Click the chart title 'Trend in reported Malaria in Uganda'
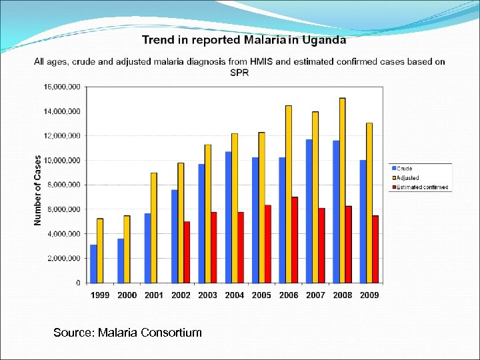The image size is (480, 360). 244,40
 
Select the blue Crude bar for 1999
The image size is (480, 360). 94,264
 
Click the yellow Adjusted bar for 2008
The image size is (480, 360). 342,191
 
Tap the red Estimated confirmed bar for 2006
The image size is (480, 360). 295,240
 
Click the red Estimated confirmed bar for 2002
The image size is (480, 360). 187,252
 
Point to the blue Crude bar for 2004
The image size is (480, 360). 228,217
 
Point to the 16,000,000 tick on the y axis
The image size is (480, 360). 62,87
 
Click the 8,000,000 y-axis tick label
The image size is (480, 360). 64,185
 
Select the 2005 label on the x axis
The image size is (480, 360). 261,295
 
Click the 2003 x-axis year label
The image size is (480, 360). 207,295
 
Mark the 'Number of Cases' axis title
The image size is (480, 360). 38,190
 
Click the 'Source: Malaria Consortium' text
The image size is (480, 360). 127,332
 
